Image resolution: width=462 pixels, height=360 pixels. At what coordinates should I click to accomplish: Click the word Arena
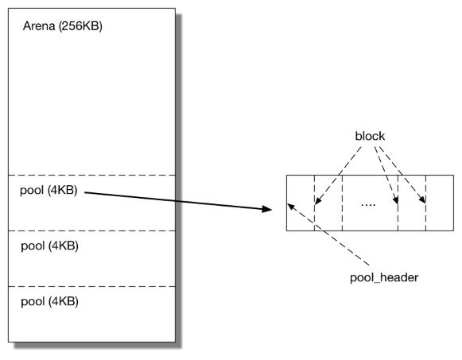pos(39,26)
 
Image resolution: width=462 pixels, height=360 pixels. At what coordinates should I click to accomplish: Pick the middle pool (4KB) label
pos(49,246)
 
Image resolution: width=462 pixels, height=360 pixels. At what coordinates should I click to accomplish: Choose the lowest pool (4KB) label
pos(49,301)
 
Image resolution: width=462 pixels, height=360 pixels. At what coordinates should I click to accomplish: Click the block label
pos(370,136)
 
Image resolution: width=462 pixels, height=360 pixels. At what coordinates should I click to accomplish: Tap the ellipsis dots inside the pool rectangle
pos(367,204)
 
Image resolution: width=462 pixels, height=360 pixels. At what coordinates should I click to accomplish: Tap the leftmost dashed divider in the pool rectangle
pos(315,203)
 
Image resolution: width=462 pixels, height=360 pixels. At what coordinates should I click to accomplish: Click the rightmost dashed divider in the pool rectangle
pos(425,203)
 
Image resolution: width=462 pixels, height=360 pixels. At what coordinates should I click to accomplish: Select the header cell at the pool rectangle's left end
pos(301,203)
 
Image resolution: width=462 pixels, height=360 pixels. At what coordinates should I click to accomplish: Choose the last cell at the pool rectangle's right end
pos(433,203)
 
